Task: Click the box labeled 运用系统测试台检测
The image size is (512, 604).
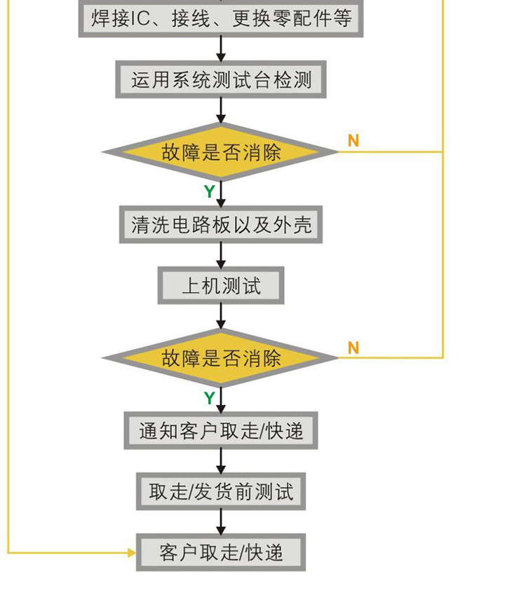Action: [x=221, y=80]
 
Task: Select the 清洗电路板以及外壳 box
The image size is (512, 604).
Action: [x=221, y=225]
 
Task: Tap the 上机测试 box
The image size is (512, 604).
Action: [x=221, y=285]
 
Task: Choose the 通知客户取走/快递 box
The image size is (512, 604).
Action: [x=221, y=430]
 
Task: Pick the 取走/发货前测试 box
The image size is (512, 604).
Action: [x=221, y=491]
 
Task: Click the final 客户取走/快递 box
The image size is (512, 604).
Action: [x=221, y=553]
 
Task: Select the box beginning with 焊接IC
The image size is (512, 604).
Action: [x=221, y=18]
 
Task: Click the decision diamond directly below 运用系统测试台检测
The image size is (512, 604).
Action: [x=221, y=152]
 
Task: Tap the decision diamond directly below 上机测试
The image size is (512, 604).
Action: [x=221, y=358]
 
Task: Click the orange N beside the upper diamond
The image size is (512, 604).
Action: [x=353, y=141]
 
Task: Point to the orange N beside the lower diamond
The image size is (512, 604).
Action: [x=353, y=348]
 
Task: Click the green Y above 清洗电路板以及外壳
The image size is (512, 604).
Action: [x=209, y=191]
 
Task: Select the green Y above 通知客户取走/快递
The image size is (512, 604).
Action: [x=209, y=398]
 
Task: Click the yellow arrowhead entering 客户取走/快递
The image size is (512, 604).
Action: [x=131, y=553]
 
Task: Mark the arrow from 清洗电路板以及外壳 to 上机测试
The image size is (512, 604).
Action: [x=221, y=255]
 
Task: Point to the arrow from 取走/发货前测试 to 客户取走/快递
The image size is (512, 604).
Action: [x=221, y=523]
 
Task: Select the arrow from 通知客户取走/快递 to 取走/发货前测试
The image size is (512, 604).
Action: [x=221, y=461]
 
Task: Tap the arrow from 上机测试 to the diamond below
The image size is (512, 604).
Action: [x=221, y=317]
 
